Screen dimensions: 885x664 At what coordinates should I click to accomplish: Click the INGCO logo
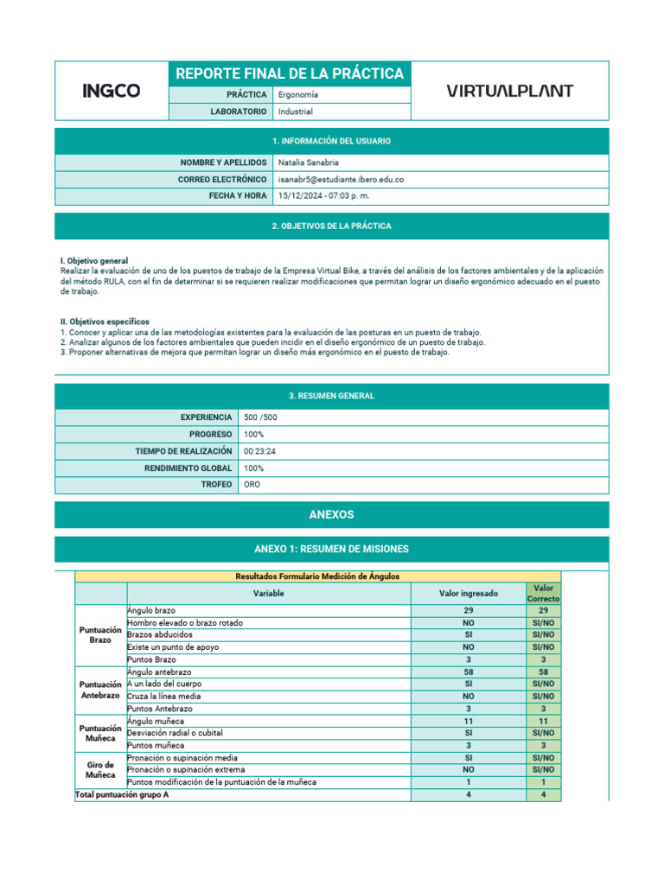pos(112,91)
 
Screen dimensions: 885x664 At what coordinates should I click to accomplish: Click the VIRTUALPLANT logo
pos(509,91)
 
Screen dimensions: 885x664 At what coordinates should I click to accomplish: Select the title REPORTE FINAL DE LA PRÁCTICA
pos(290,73)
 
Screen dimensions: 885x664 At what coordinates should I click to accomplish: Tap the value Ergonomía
pos(298,94)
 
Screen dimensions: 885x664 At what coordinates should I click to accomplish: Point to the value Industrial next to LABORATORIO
pos(296,111)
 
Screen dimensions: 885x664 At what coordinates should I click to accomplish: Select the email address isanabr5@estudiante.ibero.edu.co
pos(341,179)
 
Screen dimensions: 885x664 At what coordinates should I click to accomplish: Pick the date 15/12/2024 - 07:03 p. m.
pos(323,196)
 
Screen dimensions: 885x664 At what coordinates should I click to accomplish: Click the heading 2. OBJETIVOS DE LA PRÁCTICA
pos(331,226)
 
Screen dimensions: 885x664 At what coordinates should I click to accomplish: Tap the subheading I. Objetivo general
pos(94,260)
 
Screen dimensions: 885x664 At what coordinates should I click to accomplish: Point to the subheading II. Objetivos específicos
pos(105,322)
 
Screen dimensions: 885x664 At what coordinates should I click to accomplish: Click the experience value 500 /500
pos(261,417)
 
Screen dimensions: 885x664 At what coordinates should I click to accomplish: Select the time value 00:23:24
pos(260,451)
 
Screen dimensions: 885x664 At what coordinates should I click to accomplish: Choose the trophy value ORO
pos(252,485)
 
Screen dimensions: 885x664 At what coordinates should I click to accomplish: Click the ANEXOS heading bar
pos(331,514)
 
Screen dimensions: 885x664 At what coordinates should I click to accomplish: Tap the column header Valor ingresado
pos(468,594)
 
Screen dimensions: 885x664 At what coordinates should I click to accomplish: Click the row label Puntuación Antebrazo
pos(100,690)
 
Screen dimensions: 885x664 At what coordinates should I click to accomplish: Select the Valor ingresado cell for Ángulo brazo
pos(468,610)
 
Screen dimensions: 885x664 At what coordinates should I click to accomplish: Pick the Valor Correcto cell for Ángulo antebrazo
pos(543,672)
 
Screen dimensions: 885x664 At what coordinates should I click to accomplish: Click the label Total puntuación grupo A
pos(122,794)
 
